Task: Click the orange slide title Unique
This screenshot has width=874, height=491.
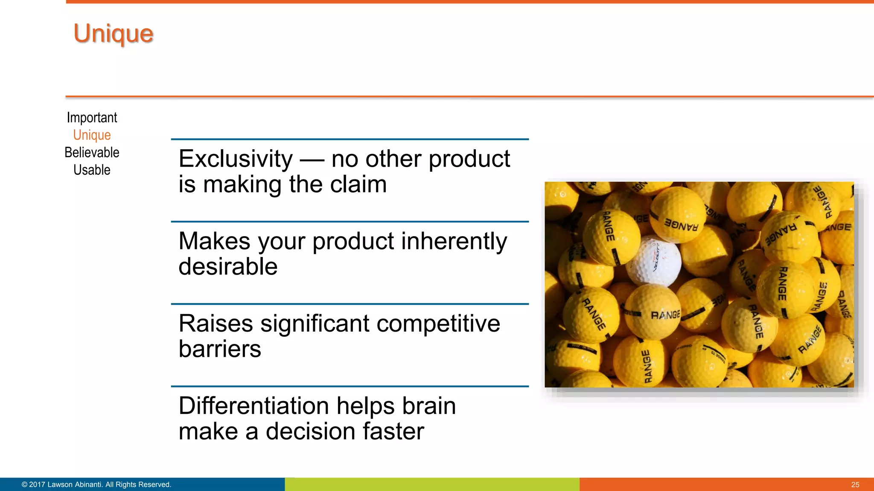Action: [x=113, y=33]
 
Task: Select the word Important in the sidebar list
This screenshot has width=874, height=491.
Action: [x=92, y=118]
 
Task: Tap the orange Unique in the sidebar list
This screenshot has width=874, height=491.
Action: [x=92, y=135]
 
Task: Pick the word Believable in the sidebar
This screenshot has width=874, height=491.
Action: [x=92, y=153]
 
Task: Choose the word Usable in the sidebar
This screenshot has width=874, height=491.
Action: [x=92, y=170]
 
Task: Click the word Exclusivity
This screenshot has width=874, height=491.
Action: [x=236, y=159]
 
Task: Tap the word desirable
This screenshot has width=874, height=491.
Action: [x=228, y=267]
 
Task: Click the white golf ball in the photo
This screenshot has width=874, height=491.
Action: [x=653, y=261]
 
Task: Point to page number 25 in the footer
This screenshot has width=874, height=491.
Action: [x=855, y=485]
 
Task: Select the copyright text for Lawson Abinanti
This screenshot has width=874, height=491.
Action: [x=96, y=485]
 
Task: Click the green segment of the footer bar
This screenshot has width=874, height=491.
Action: [x=432, y=485]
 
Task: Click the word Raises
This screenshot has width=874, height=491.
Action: [x=216, y=323]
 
